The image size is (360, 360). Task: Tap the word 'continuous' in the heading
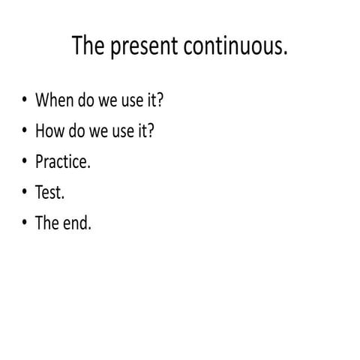(x=232, y=46)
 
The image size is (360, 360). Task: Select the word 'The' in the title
(x=89, y=46)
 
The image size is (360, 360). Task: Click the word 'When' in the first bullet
(x=53, y=100)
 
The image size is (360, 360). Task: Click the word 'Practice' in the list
(x=61, y=161)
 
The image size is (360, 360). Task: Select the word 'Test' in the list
(x=49, y=192)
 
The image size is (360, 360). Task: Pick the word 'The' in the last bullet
(x=47, y=223)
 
